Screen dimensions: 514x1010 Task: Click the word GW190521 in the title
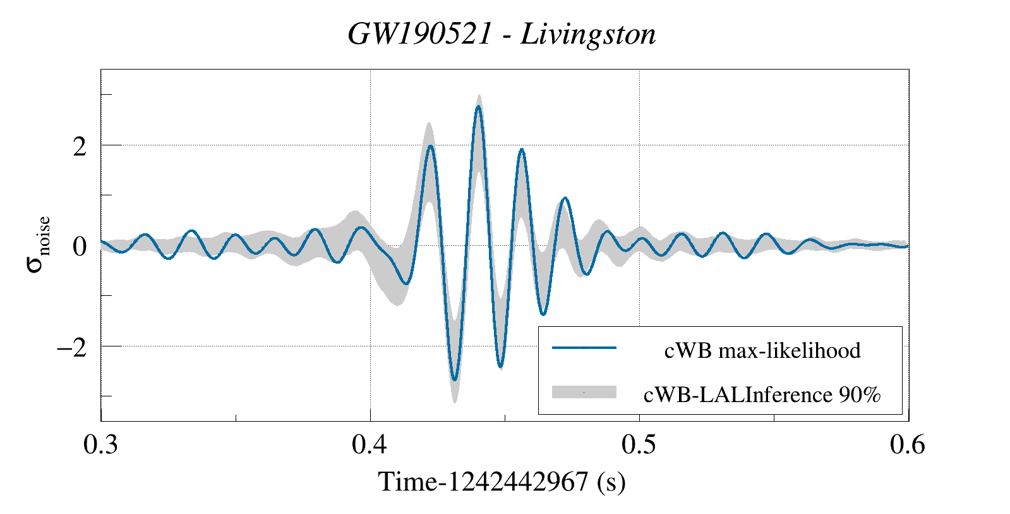click(x=419, y=34)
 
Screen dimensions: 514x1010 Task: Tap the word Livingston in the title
click(x=588, y=34)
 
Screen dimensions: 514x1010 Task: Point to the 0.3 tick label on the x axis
click(x=101, y=445)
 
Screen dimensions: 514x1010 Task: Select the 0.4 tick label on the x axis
click(x=370, y=445)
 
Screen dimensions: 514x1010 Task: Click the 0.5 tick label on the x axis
click(x=639, y=445)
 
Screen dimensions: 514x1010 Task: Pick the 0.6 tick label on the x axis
click(x=908, y=445)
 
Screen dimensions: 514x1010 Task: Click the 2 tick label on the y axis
click(x=80, y=147)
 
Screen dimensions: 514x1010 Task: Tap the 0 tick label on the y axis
click(x=80, y=247)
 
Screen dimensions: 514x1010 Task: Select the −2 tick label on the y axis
click(x=71, y=348)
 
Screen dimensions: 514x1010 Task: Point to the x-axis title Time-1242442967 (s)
click(x=502, y=482)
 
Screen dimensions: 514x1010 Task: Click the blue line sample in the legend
click(x=584, y=348)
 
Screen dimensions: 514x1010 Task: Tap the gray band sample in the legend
click(x=584, y=392)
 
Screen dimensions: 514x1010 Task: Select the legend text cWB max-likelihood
click(x=762, y=350)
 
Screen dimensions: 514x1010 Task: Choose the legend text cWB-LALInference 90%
click(x=762, y=395)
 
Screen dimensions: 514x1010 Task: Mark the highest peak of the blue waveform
click(x=478, y=107)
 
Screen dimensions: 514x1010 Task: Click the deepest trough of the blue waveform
click(x=455, y=380)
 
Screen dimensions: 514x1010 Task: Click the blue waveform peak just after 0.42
click(x=430, y=146)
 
